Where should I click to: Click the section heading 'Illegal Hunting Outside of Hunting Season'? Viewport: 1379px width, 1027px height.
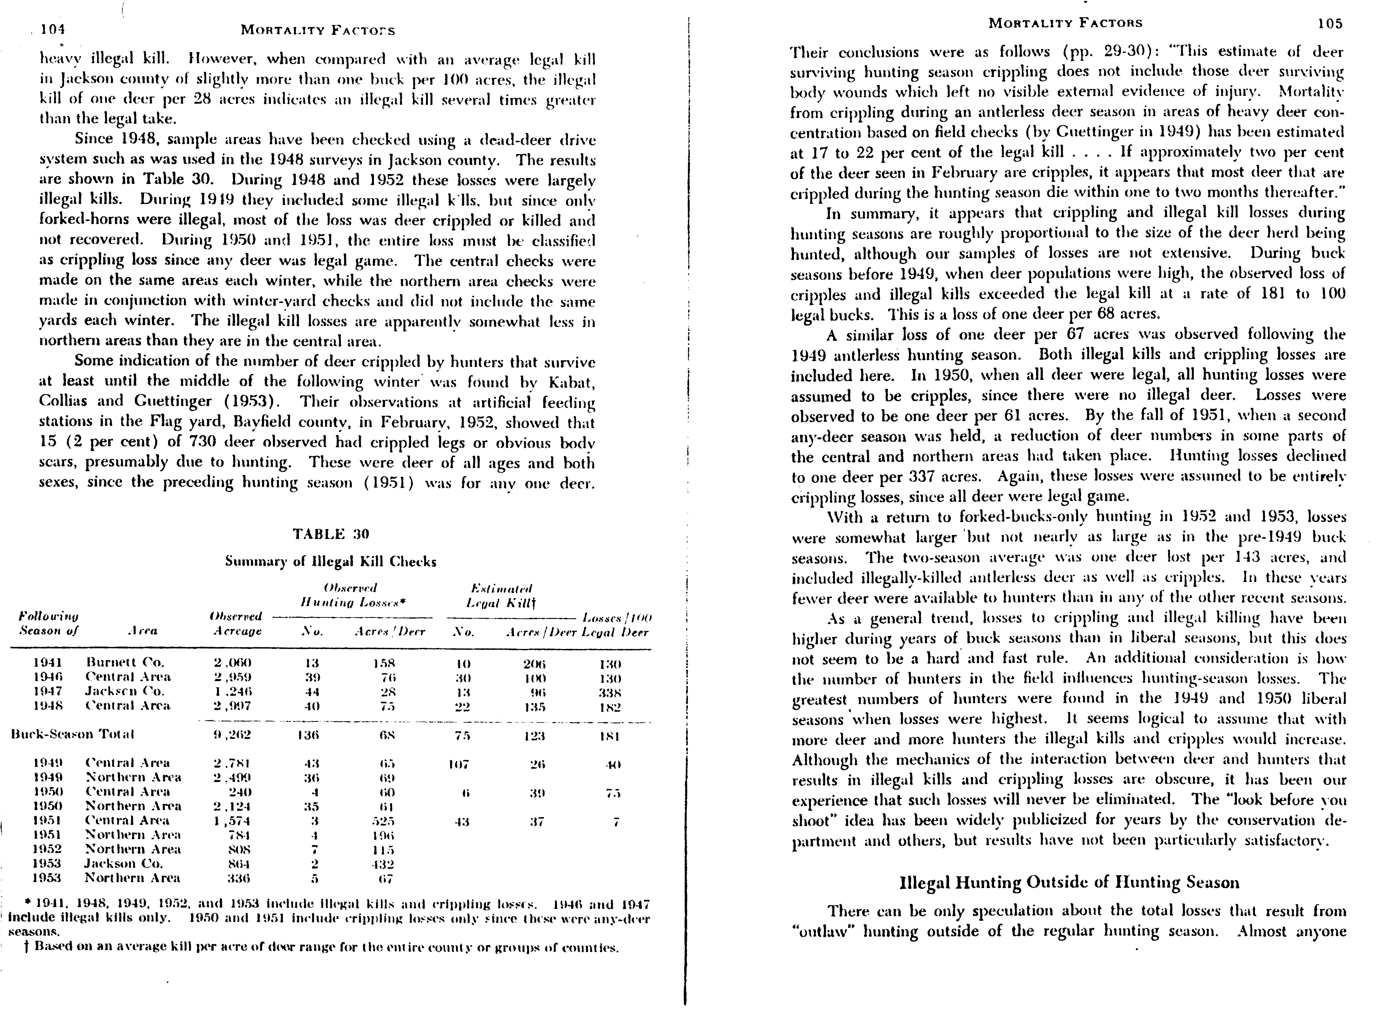click(x=1069, y=882)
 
